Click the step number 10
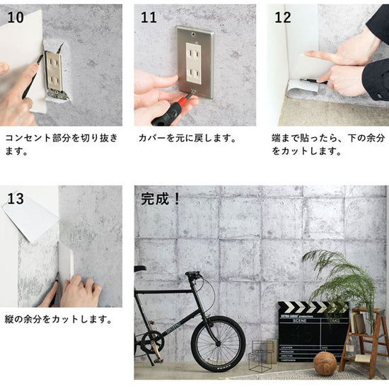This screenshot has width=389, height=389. [16, 18]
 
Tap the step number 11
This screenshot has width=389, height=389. [149, 18]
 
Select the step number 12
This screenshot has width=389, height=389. [283, 18]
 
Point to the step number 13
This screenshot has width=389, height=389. [16, 199]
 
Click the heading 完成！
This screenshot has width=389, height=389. [161, 199]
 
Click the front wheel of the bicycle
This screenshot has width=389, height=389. [218, 344]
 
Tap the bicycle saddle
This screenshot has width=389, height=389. [139, 268]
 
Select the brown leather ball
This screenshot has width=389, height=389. [325, 364]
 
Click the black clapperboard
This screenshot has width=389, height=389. [313, 332]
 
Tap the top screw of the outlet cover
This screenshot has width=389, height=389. [193, 33]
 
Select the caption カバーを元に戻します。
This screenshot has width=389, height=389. [187, 138]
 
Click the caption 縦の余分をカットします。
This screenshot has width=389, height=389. [59, 319]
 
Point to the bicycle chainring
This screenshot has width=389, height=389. [153, 342]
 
